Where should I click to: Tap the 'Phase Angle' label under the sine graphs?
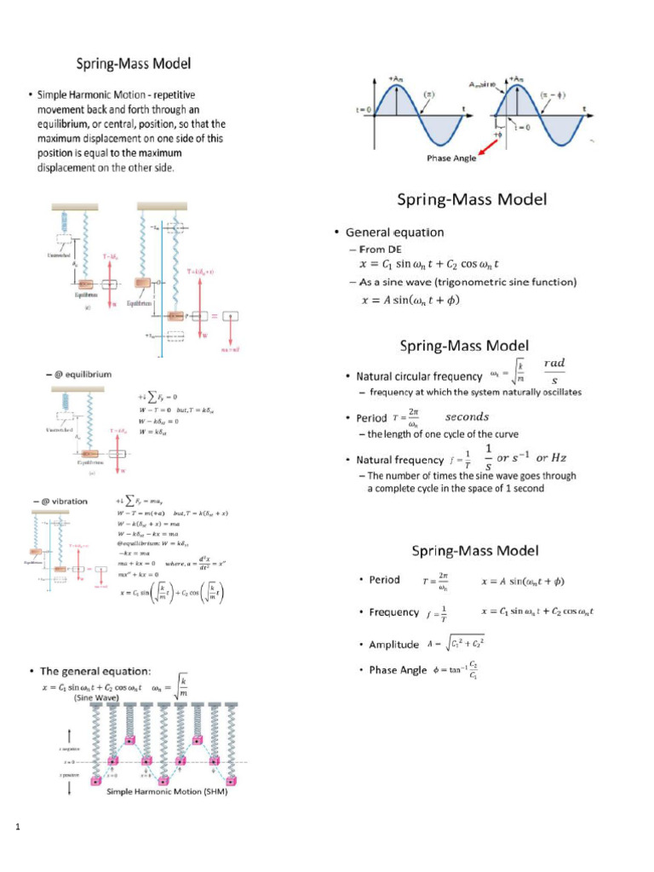click(x=451, y=158)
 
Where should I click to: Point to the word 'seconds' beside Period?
click(x=468, y=417)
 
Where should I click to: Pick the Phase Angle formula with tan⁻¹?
click(x=457, y=670)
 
